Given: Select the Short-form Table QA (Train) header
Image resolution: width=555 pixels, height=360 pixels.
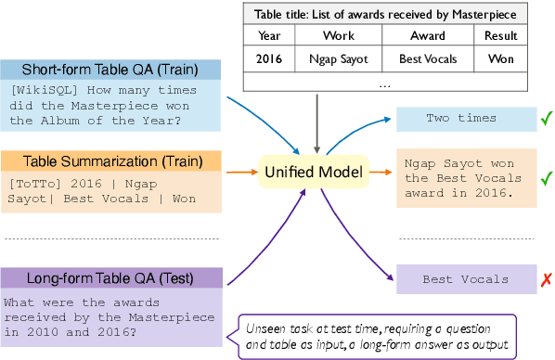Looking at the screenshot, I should [x=111, y=70].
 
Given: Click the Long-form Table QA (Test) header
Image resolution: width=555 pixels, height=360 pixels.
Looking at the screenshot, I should [x=111, y=277].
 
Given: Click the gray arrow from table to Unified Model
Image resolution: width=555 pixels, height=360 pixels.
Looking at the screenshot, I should [x=317, y=121].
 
